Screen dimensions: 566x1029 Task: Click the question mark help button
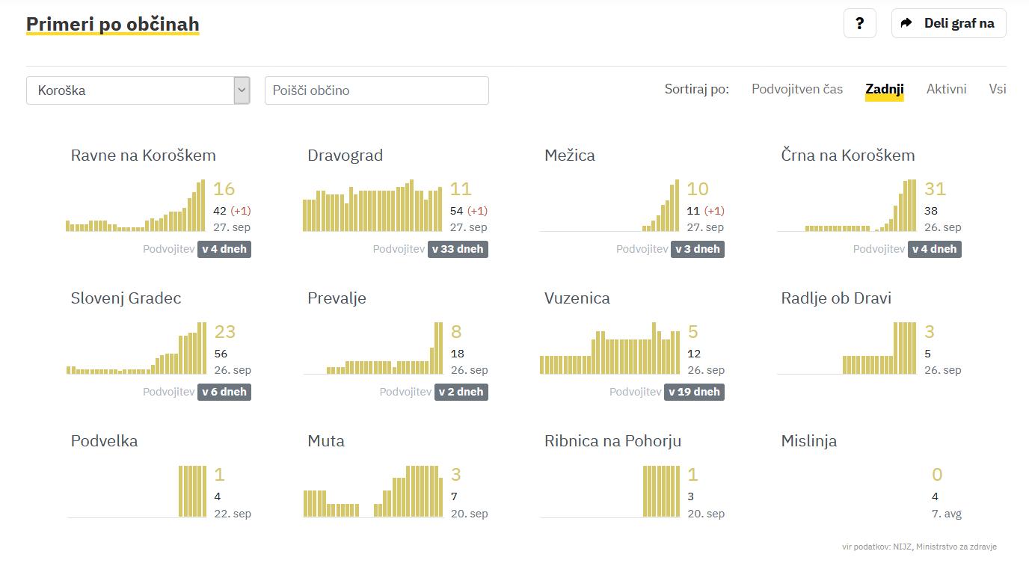click(859, 23)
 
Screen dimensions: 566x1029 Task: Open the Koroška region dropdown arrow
click(241, 90)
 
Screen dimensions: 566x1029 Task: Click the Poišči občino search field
click(376, 90)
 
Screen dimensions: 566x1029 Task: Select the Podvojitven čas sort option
click(797, 89)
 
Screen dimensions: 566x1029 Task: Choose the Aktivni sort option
click(946, 89)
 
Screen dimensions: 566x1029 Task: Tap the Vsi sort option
click(997, 89)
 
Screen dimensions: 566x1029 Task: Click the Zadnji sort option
click(884, 89)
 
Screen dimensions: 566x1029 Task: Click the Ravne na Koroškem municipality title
click(144, 156)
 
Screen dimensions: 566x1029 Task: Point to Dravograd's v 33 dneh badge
click(458, 249)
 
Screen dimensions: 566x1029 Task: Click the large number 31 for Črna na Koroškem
click(935, 189)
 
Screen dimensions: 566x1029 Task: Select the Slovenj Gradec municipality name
click(126, 298)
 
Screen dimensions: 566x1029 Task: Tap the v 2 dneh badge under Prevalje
click(461, 392)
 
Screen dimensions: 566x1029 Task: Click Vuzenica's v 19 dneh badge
click(694, 392)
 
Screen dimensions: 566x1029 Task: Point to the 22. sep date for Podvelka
click(233, 514)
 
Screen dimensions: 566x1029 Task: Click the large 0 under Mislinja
click(937, 475)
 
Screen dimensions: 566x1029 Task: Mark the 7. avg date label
click(946, 514)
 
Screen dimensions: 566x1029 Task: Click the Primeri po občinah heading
click(113, 25)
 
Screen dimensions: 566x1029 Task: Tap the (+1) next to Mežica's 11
click(714, 211)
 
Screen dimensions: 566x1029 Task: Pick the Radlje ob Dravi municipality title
click(836, 298)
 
